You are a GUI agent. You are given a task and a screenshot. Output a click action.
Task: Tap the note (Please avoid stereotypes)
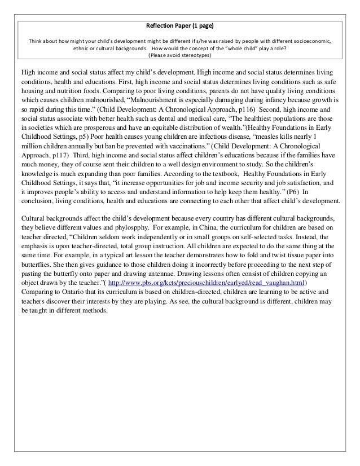point(180,56)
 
